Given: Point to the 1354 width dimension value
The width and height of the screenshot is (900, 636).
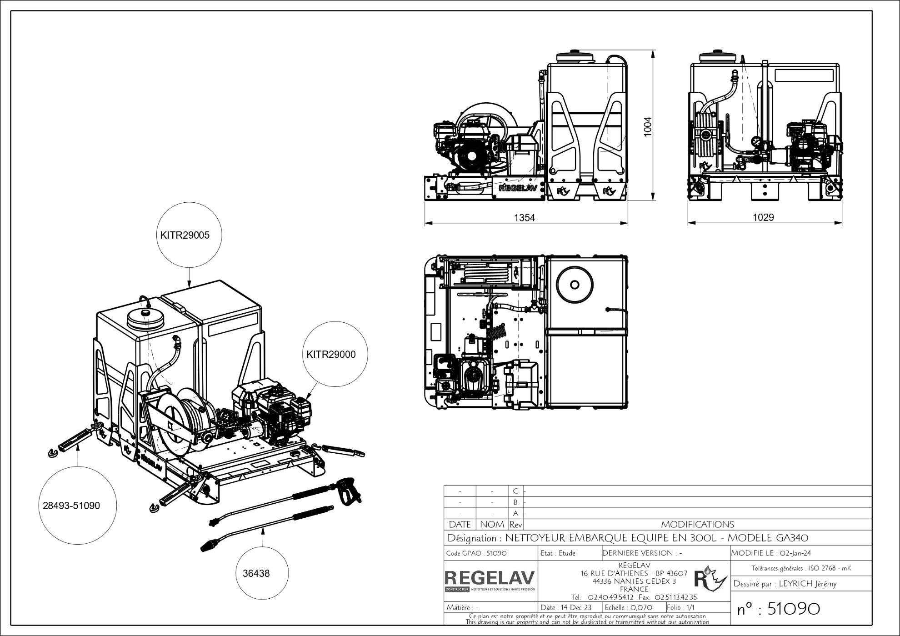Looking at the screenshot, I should coord(525,217).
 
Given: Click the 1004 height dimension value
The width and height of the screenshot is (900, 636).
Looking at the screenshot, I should coord(648,126).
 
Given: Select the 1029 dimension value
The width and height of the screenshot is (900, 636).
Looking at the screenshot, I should coord(764,217).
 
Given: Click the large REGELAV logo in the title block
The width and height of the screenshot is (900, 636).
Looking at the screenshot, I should coord(490,578).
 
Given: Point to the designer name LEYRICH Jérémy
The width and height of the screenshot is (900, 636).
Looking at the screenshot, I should coord(808,584).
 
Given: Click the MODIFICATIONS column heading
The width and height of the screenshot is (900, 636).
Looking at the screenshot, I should coord(697,525).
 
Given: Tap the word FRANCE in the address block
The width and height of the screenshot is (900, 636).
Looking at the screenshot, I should coord(634,589).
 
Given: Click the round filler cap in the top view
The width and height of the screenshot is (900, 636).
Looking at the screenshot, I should coord(575,285).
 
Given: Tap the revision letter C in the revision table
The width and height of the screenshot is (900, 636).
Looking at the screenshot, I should coord(515,491).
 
